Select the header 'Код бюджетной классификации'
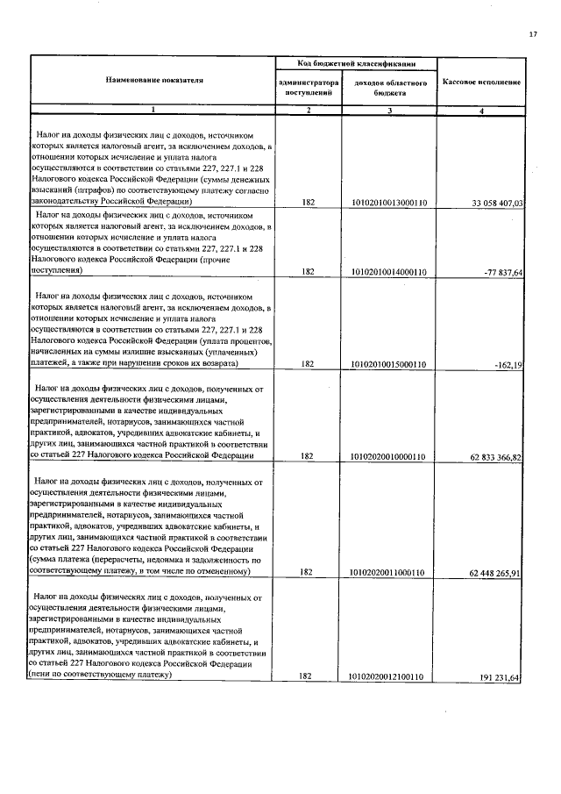[355, 64]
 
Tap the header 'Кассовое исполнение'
[481, 81]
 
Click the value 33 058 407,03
[497, 203]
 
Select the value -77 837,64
[502, 273]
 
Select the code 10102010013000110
[387, 203]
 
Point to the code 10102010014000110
[387, 273]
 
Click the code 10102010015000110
[387, 364]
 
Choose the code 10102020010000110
[387, 457]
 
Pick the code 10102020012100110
[387, 677]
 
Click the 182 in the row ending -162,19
[308, 364]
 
